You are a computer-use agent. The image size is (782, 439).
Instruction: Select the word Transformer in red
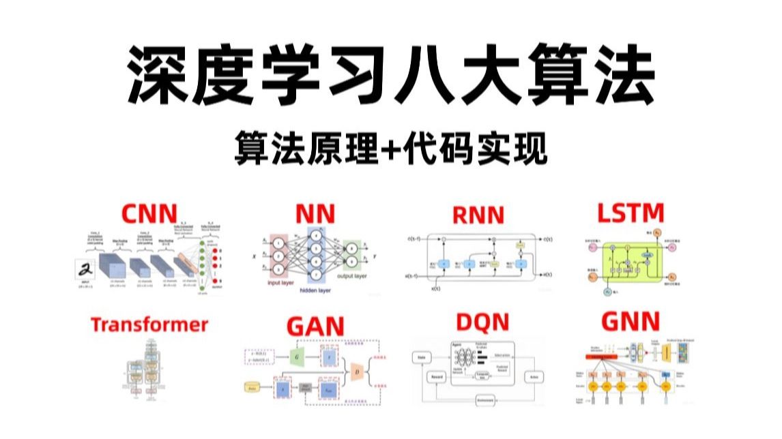(x=149, y=324)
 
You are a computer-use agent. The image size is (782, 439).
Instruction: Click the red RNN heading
(x=477, y=215)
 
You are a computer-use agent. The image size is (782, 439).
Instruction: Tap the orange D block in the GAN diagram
(x=356, y=372)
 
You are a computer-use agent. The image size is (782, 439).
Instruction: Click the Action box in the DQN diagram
(x=532, y=376)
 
